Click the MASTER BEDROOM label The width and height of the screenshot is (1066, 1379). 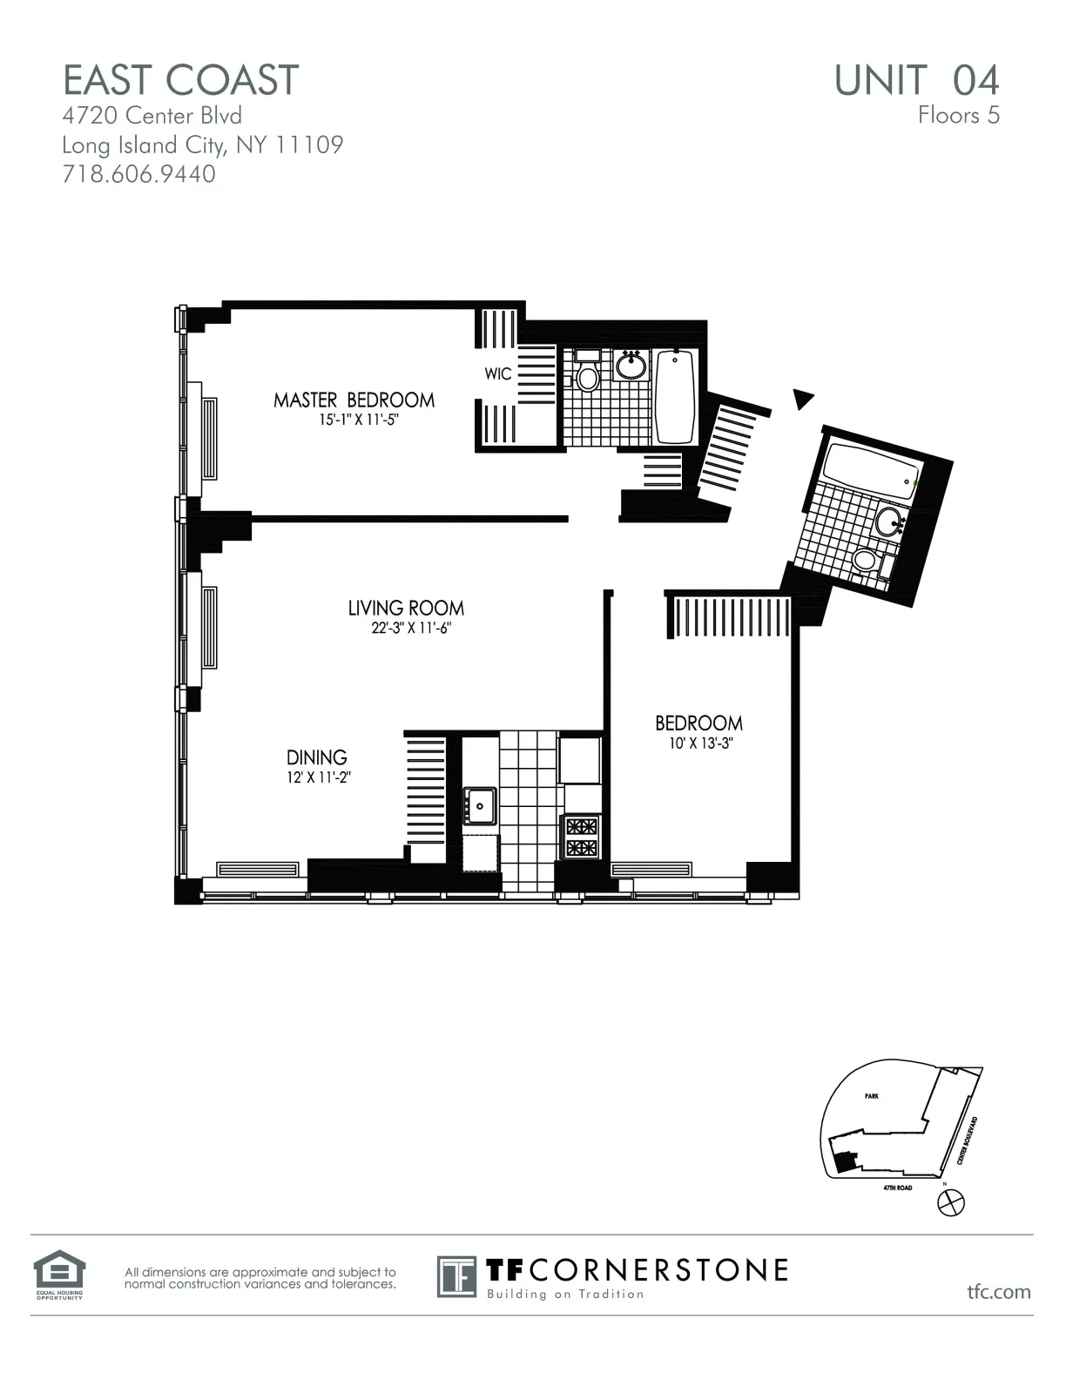pyautogui.click(x=354, y=400)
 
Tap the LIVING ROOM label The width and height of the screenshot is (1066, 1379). pyautogui.click(x=406, y=608)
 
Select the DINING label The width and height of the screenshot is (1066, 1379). pyautogui.click(x=317, y=757)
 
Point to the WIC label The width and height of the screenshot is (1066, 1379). pyautogui.click(x=498, y=373)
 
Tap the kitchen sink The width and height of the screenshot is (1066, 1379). pyautogui.click(x=479, y=804)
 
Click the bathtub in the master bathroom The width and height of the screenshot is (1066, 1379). pyautogui.click(x=674, y=396)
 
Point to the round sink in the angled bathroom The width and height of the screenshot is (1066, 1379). pyautogui.click(x=888, y=521)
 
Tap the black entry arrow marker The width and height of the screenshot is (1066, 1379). pyautogui.click(x=802, y=399)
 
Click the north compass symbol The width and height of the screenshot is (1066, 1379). pyautogui.click(x=950, y=1202)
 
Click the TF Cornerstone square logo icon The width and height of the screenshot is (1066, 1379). pyautogui.click(x=456, y=1276)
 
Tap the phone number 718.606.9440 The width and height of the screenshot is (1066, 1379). pyautogui.click(x=139, y=174)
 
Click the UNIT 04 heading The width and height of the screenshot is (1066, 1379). pyautogui.click(x=916, y=80)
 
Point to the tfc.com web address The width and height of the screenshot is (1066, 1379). pyautogui.click(x=999, y=1291)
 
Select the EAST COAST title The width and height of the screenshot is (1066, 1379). pyautogui.click(x=181, y=80)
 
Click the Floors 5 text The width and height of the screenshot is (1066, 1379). pyautogui.click(x=958, y=115)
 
